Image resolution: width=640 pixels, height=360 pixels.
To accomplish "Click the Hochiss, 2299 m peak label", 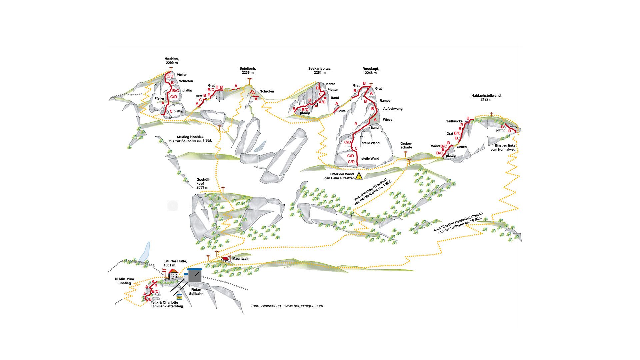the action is tap(172, 61).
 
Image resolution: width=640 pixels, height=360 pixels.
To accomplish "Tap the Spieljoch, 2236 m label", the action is tap(248, 70).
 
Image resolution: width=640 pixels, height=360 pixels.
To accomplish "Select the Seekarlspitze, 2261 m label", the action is tap(320, 70).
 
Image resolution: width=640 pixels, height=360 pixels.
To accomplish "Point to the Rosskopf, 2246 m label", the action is tap(371, 71).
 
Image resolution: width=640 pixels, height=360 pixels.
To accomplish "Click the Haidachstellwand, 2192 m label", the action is tap(486, 97).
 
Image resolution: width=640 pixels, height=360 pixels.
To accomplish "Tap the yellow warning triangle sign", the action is tap(359, 176).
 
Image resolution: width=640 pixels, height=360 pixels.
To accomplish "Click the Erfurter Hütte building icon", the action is tap(173, 274).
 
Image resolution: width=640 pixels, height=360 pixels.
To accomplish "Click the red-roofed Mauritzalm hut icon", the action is tap(225, 259).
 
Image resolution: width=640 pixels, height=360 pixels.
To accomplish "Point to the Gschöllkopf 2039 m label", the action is tap(202, 183).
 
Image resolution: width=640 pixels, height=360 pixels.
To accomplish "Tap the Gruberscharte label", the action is tap(406, 145).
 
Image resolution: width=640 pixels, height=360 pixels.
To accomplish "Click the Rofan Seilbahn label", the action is tap(196, 292).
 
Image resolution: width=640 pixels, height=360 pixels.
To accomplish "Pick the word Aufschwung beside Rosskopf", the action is tap(393, 109).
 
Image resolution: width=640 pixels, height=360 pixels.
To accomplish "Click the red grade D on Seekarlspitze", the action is tap(317, 88).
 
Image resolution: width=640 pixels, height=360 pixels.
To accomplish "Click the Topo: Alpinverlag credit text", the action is tap(287, 306).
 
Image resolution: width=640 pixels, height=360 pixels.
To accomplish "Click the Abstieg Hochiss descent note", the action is tap(190, 138).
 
